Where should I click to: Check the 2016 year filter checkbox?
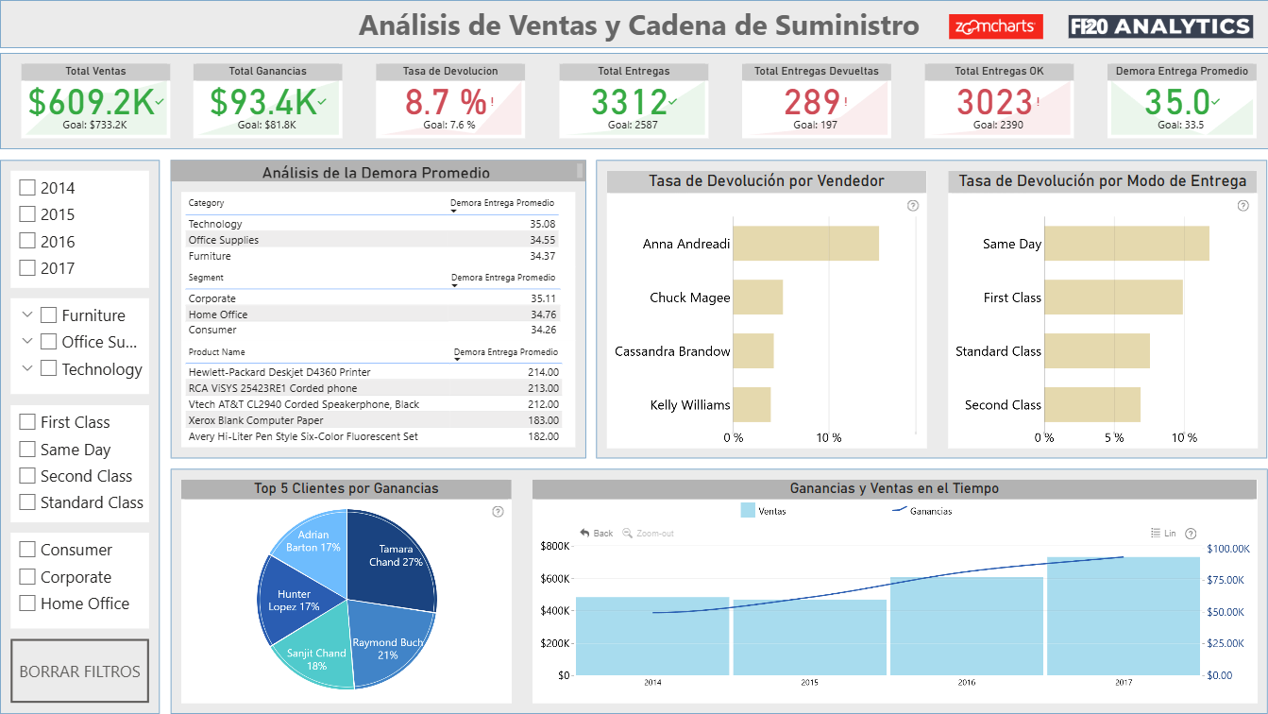coord(27,241)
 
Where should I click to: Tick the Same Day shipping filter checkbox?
coord(27,449)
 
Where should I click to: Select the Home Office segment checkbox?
coord(27,603)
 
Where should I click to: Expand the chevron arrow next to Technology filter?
coord(26,368)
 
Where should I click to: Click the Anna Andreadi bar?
coord(805,244)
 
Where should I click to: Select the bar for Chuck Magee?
coord(757,297)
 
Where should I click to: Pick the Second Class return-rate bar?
coord(1092,405)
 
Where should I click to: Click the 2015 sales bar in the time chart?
coord(809,637)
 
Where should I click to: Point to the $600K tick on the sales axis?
coord(555,579)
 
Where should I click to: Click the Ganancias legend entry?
coord(922,511)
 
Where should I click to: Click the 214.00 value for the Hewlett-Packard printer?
coord(543,372)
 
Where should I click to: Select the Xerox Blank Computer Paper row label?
coord(255,420)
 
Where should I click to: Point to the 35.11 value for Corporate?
coord(544,298)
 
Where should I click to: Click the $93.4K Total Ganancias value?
coord(262,102)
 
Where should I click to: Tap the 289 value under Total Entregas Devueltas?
coord(812,102)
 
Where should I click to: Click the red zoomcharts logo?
coord(996,26)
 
